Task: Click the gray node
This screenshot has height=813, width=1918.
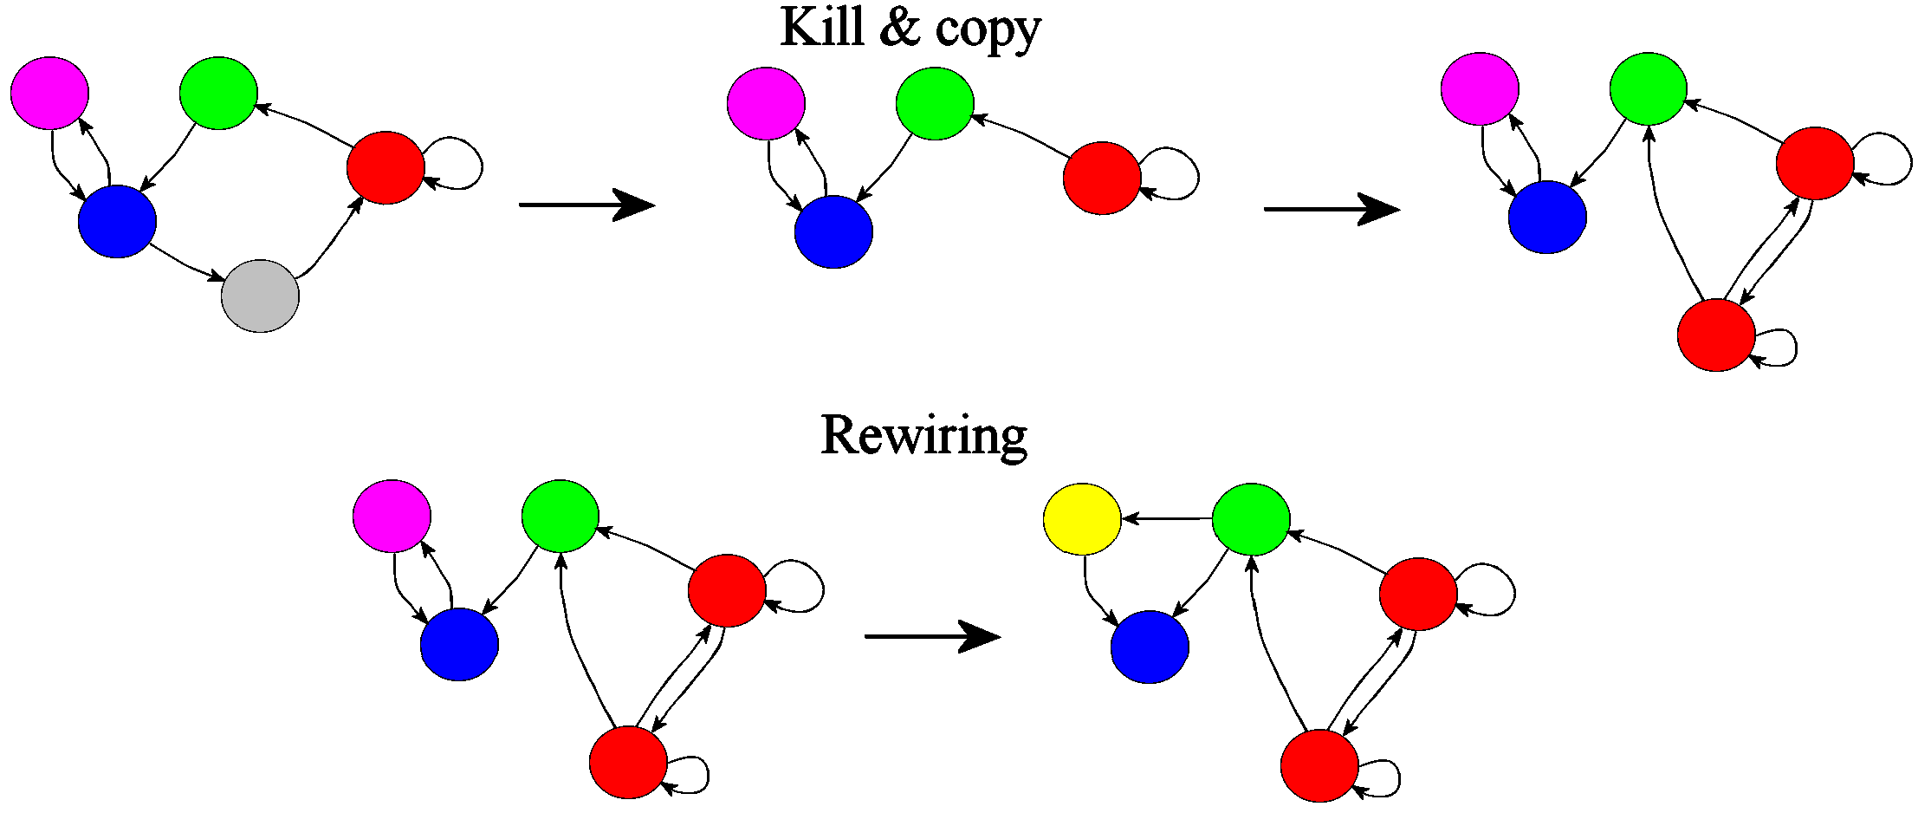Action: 260,296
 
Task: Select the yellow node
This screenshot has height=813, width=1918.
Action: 1082,519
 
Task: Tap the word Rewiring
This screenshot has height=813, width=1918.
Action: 923,435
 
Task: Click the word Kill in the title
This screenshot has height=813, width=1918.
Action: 822,28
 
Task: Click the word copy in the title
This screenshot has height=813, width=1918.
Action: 988,30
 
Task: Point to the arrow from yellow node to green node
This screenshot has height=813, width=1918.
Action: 1166,519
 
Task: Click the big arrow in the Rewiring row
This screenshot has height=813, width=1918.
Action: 932,636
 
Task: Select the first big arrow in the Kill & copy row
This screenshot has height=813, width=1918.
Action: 586,205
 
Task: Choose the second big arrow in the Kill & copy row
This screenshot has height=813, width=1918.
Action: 1332,209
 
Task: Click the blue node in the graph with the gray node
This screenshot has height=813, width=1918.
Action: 117,221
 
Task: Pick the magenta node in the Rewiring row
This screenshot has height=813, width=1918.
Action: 392,516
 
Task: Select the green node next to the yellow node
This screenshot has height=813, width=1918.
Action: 1250,519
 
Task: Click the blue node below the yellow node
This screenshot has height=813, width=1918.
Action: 1150,647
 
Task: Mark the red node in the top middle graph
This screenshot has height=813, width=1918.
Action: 1101,178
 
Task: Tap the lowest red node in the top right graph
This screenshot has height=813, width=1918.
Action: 1715,335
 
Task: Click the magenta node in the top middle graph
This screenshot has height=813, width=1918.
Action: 766,103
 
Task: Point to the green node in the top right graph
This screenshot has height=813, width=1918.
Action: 1648,88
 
